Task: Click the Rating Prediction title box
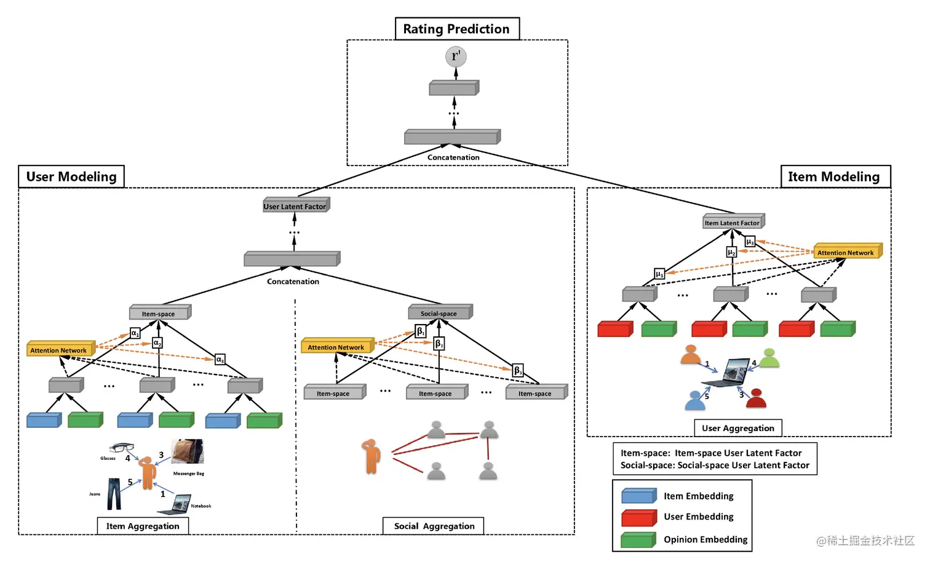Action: pos(456,29)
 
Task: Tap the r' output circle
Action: pos(456,57)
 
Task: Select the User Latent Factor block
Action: pos(296,205)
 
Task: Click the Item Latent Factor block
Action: pos(733,222)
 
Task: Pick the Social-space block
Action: pos(440,313)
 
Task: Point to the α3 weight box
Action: pos(220,360)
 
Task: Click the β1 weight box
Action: pos(421,331)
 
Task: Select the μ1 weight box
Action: pos(659,274)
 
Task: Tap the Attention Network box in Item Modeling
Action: pos(847,251)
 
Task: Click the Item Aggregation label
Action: pos(143,526)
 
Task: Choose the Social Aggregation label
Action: pos(434,526)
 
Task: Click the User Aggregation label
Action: pos(737,428)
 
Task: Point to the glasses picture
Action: pos(122,448)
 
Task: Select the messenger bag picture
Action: pos(188,451)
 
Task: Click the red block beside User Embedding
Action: pos(638,518)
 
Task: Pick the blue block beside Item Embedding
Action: pos(638,496)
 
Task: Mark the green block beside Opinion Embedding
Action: pos(638,540)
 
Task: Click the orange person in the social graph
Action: pos(372,456)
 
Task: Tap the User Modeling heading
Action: pos(71,176)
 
